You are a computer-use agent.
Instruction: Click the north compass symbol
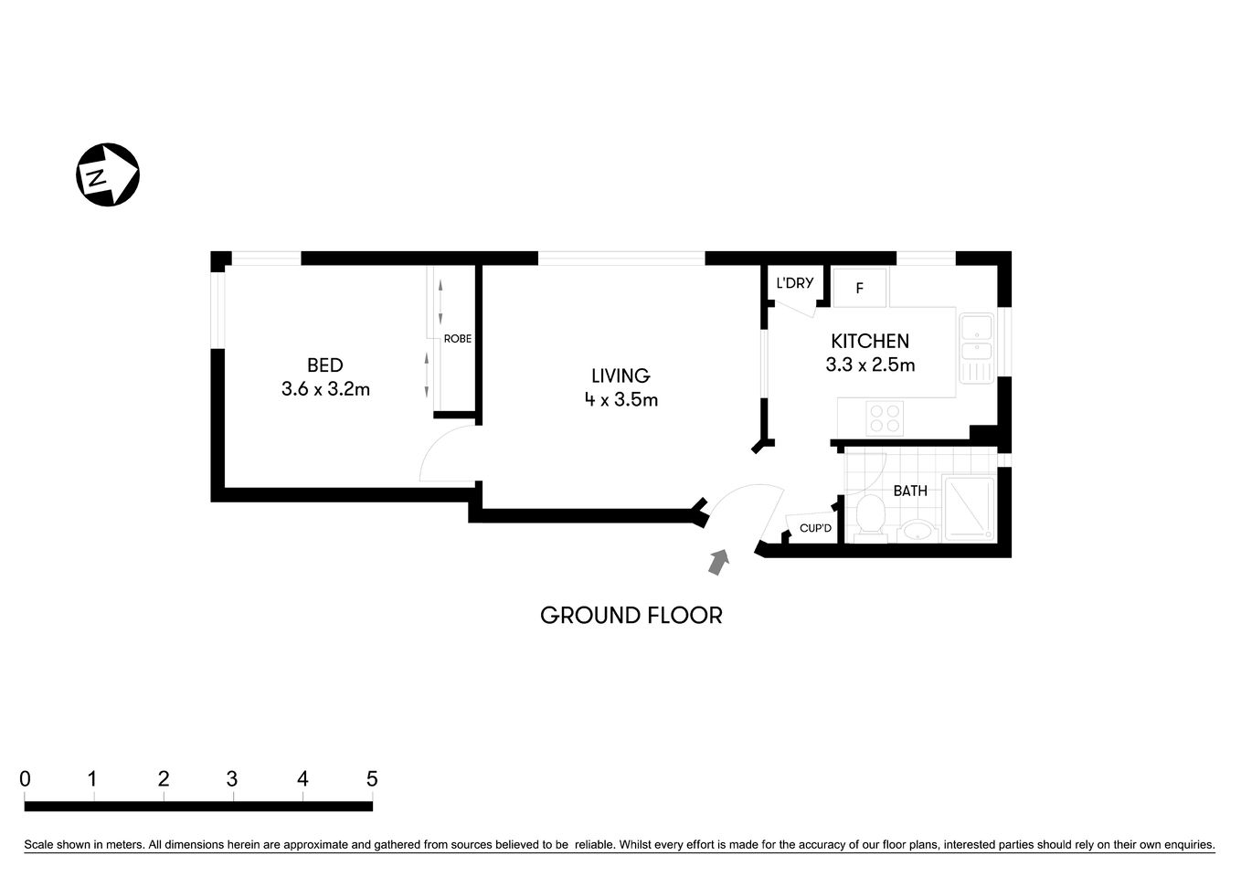(x=108, y=174)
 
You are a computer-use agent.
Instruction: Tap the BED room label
(x=324, y=365)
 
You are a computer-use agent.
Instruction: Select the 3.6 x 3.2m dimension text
(x=325, y=389)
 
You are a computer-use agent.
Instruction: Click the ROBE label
(x=458, y=339)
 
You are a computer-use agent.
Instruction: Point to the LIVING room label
(x=620, y=375)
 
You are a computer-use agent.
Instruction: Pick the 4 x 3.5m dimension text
(x=621, y=399)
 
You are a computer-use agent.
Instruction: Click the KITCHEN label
(x=869, y=341)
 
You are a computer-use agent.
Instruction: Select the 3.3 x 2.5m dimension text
(x=870, y=365)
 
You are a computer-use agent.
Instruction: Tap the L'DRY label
(x=794, y=283)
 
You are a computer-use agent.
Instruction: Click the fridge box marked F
(x=859, y=288)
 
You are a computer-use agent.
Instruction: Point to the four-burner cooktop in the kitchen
(x=885, y=418)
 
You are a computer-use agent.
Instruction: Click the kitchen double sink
(x=976, y=348)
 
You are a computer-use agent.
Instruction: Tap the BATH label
(x=910, y=491)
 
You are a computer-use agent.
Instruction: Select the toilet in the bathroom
(x=869, y=517)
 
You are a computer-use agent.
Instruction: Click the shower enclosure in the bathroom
(x=969, y=508)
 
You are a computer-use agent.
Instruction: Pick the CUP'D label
(x=815, y=528)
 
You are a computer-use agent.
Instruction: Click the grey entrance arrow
(x=720, y=561)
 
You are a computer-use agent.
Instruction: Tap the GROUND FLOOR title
(x=631, y=616)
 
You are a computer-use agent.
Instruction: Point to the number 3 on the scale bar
(x=232, y=779)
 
